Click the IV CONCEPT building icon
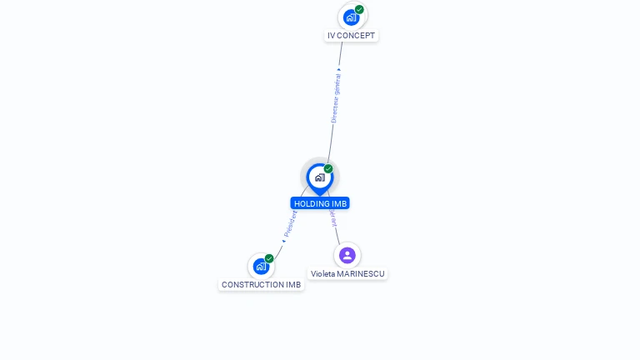click(x=351, y=17)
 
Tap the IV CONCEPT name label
click(x=351, y=36)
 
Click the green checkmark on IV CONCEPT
click(x=359, y=10)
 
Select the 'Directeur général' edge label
click(x=336, y=98)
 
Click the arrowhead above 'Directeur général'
click(x=339, y=69)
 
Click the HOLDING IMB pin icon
click(x=319, y=177)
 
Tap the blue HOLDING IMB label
click(x=320, y=203)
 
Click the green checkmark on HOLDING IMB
click(x=328, y=169)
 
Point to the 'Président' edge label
click(x=290, y=224)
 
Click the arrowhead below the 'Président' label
click(x=283, y=241)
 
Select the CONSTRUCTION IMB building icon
click(x=261, y=267)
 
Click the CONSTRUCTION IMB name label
click(x=261, y=285)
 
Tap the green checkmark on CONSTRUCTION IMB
click(x=269, y=258)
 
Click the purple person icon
click(x=347, y=255)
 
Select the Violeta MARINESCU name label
click(x=347, y=273)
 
